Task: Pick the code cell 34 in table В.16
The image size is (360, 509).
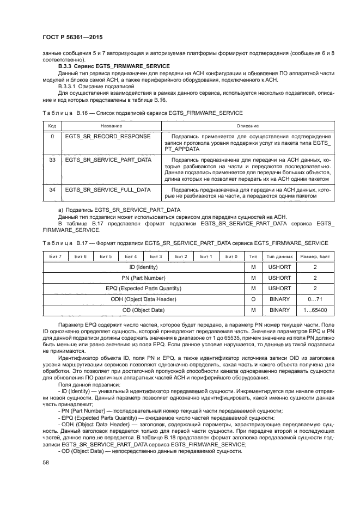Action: (52, 189)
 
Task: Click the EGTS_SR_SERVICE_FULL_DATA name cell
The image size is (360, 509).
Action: (107, 189)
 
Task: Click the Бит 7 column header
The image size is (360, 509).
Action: (55, 256)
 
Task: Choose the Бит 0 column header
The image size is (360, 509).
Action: (231, 256)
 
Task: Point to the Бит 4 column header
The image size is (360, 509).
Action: (131, 256)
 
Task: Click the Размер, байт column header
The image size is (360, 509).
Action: (314, 256)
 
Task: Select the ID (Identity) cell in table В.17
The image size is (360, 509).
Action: (143, 267)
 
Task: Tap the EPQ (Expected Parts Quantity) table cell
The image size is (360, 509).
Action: (143, 288)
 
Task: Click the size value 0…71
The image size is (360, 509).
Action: (314, 299)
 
